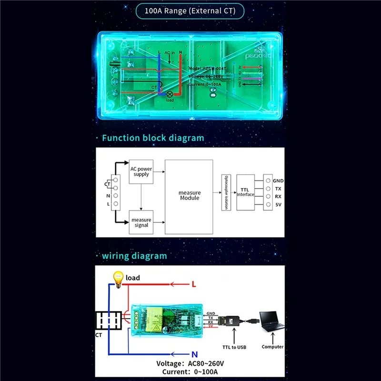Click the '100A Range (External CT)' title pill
190,10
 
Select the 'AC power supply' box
141,171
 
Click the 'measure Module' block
189,196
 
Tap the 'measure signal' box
141,222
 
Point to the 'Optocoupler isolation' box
226,193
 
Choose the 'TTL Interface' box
246,192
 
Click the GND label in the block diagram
278,181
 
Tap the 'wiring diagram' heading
134,256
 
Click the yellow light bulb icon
117,277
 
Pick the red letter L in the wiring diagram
194,284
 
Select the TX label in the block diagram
277,189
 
